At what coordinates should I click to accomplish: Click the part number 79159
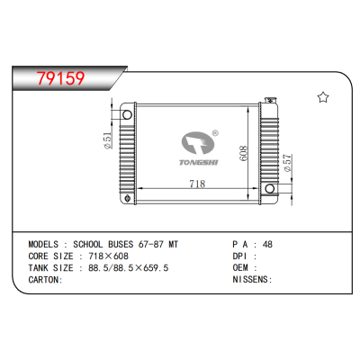[56, 78]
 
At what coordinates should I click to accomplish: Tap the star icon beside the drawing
[322, 97]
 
